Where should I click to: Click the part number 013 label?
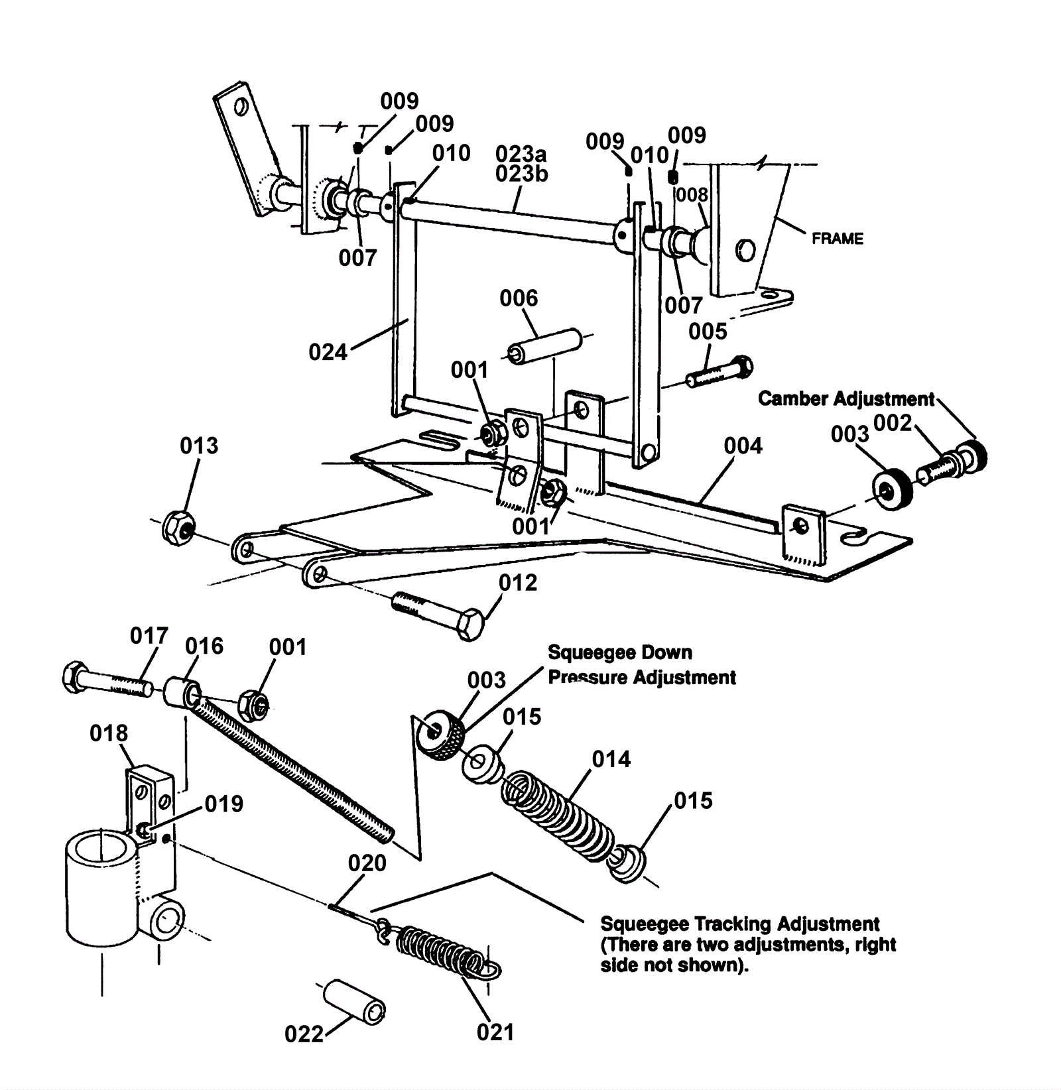(x=199, y=446)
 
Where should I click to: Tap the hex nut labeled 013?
(x=178, y=527)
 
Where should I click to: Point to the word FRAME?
(x=838, y=239)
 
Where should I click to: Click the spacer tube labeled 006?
(x=545, y=345)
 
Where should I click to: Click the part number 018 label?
(x=109, y=733)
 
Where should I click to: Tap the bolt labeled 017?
(x=107, y=680)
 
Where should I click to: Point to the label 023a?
(x=521, y=154)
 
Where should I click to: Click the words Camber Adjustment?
(x=846, y=398)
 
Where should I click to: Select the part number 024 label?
(x=328, y=352)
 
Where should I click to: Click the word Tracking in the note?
(x=732, y=924)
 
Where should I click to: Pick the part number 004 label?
(x=743, y=446)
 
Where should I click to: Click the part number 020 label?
(x=367, y=863)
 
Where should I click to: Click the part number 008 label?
(x=692, y=195)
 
